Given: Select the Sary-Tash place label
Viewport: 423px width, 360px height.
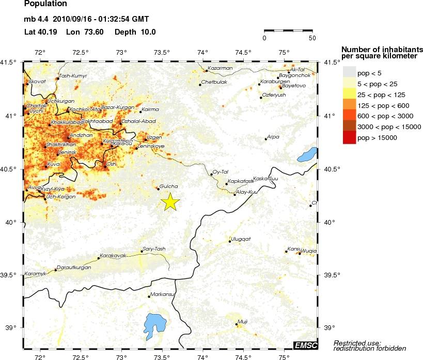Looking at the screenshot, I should click(153, 248).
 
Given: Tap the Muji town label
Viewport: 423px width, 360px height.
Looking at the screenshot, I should click(243, 321).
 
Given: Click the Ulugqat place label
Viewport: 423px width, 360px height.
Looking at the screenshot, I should click(240, 239).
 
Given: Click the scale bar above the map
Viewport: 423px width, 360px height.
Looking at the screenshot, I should click(288, 31).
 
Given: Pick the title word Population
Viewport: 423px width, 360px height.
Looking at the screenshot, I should click(45, 4).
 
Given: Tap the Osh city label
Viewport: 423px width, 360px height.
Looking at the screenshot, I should click(111, 163).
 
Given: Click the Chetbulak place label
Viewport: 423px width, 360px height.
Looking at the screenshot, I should click(213, 82).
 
